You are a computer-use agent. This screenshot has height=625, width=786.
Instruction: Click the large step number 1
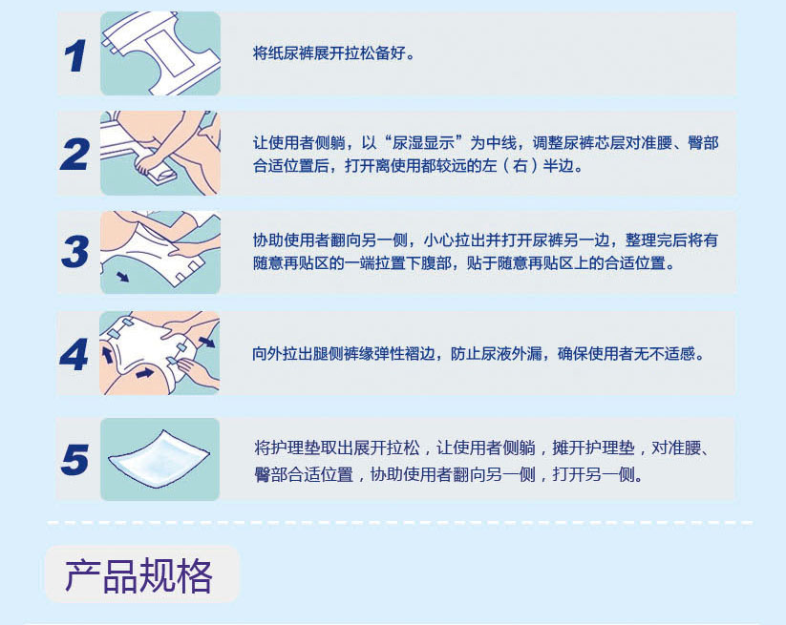(x=75, y=56)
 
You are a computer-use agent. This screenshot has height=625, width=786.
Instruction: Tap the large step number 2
(x=74, y=155)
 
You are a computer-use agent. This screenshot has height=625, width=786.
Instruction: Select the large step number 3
(x=75, y=251)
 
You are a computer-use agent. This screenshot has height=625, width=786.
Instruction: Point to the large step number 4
(x=74, y=355)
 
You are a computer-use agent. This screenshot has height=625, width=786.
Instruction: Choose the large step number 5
(x=75, y=459)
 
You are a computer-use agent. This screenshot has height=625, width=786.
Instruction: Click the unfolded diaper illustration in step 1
(x=160, y=53)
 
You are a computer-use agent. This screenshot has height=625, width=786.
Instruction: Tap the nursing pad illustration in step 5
(x=159, y=458)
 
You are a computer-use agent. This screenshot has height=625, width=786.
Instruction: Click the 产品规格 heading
(x=138, y=576)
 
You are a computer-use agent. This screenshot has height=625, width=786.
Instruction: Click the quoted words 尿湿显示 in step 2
(x=423, y=143)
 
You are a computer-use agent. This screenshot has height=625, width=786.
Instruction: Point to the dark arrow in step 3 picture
(x=123, y=276)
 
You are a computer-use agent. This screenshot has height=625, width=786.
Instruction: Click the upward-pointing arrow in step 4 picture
(x=107, y=354)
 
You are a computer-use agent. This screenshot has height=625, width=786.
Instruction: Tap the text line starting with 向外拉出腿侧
(x=478, y=354)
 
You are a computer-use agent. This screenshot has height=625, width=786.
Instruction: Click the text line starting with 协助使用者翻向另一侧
(x=485, y=240)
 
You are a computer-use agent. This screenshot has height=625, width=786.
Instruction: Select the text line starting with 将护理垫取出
(x=482, y=448)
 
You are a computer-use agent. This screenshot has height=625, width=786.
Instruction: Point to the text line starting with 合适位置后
(x=418, y=165)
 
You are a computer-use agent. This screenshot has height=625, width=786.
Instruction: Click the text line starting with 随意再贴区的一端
(x=464, y=263)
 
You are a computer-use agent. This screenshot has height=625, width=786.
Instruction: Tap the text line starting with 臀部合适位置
(x=449, y=473)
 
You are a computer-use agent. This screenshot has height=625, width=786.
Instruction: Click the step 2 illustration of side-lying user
(x=160, y=153)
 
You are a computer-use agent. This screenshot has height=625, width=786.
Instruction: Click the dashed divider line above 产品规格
(x=400, y=523)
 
